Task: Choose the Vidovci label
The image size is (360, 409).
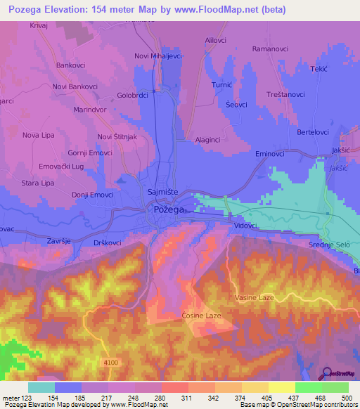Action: pos(245,226)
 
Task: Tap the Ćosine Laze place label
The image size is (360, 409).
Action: pos(201,316)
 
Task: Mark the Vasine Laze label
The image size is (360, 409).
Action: pos(255,298)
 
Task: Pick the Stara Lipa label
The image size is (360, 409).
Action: pos(38,183)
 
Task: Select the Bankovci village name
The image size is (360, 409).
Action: pos(71,65)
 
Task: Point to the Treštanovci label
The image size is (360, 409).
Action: pos(281,94)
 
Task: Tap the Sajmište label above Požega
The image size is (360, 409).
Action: pos(166,193)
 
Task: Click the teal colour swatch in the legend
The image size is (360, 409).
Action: pos(41,387)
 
